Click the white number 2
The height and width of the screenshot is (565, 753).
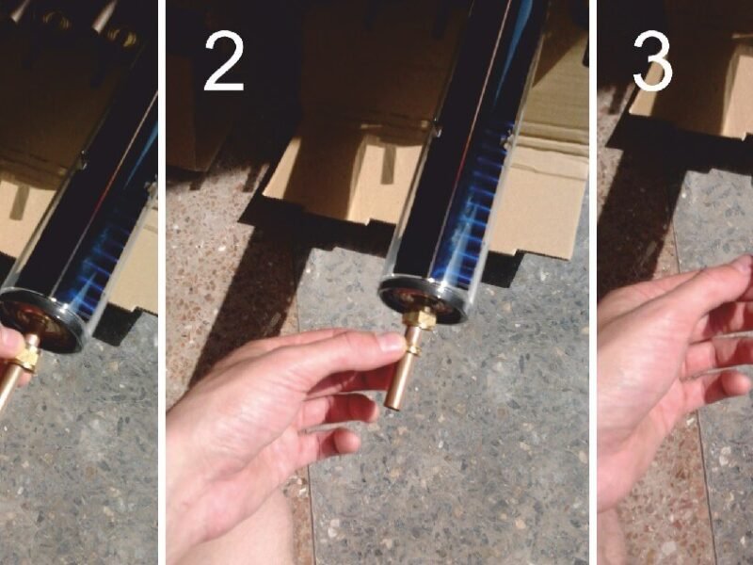[x=224, y=61]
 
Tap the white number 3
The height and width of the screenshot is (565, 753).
[x=652, y=61]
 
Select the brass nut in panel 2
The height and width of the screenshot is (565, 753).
[x=419, y=319]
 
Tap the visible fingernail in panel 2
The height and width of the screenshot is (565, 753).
[x=392, y=342]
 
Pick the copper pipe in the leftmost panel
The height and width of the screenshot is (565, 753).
[x=13, y=374]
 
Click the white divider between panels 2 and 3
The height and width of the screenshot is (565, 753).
[x=593, y=282]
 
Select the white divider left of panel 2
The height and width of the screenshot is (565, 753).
[x=162, y=282]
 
